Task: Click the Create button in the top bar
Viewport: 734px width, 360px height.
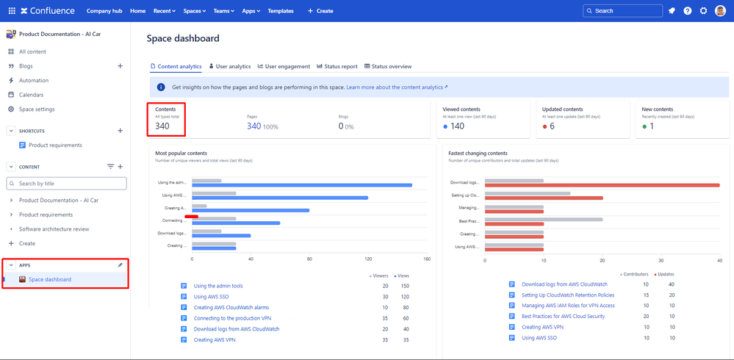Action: coord(320,11)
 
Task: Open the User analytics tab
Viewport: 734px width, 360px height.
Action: coord(230,66)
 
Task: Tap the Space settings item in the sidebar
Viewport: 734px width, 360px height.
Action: coord(36,109)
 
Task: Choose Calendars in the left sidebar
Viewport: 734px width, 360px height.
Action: coord(31,95)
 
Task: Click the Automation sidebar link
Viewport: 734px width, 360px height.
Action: coord(34,80)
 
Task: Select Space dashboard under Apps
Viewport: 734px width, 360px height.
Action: coord(50,279)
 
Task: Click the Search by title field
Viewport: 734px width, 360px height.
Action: coord(66,183)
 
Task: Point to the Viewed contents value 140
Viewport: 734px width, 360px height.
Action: coord(457,126)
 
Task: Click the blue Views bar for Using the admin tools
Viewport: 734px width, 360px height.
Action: coord(301,185)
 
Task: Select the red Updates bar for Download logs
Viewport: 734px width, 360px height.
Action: coord(602,185)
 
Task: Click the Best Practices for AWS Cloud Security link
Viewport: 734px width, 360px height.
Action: coord(563,316)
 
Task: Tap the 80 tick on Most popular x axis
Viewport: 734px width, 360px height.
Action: coord(309,259)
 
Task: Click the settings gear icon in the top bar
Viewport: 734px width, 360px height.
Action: coord(703,11)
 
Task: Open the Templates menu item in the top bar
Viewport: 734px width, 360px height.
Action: coord(281,11)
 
